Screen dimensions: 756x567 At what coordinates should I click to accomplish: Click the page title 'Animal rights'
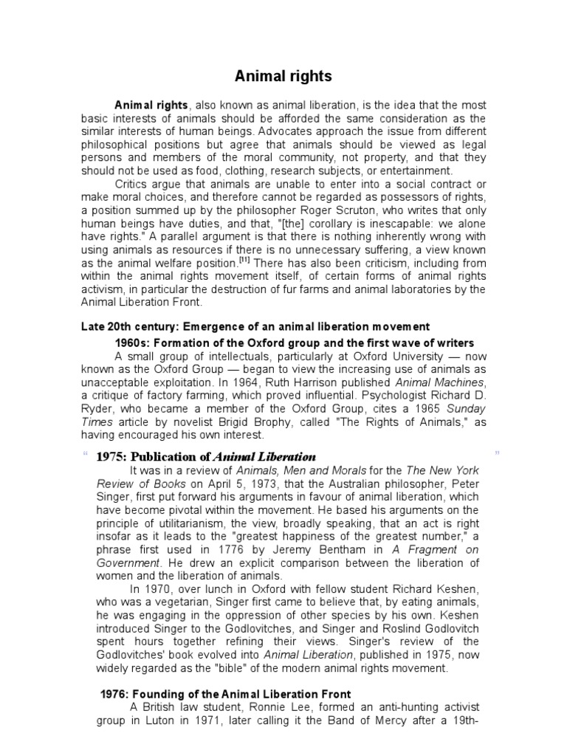point(283,76)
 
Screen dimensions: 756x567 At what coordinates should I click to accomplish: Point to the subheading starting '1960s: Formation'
point(295,343)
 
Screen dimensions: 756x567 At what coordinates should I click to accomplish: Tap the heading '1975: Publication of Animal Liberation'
point(207,456)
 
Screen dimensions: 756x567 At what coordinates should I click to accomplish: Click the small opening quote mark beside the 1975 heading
point(85,453)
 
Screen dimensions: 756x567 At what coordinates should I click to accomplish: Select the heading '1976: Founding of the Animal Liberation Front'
point(226,694)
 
